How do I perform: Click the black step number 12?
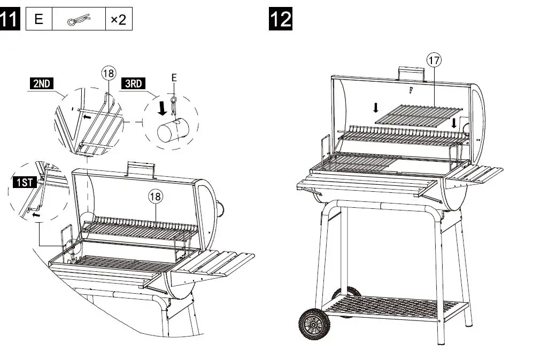tap(280, 19)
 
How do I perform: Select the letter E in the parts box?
tap(38, 20)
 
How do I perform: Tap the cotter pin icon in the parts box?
tap(78, 20)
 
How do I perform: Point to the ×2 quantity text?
tap(118, 20)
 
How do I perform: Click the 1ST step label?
tap(24, 183)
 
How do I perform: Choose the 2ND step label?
tap(42, 84)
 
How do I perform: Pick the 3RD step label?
tap(134, 84)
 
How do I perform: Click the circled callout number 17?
tap(434, 60)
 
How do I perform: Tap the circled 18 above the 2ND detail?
tap(109, 73)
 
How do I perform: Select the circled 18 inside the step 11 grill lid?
tap(155, 197)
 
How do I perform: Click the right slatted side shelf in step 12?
tap(475, 175)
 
